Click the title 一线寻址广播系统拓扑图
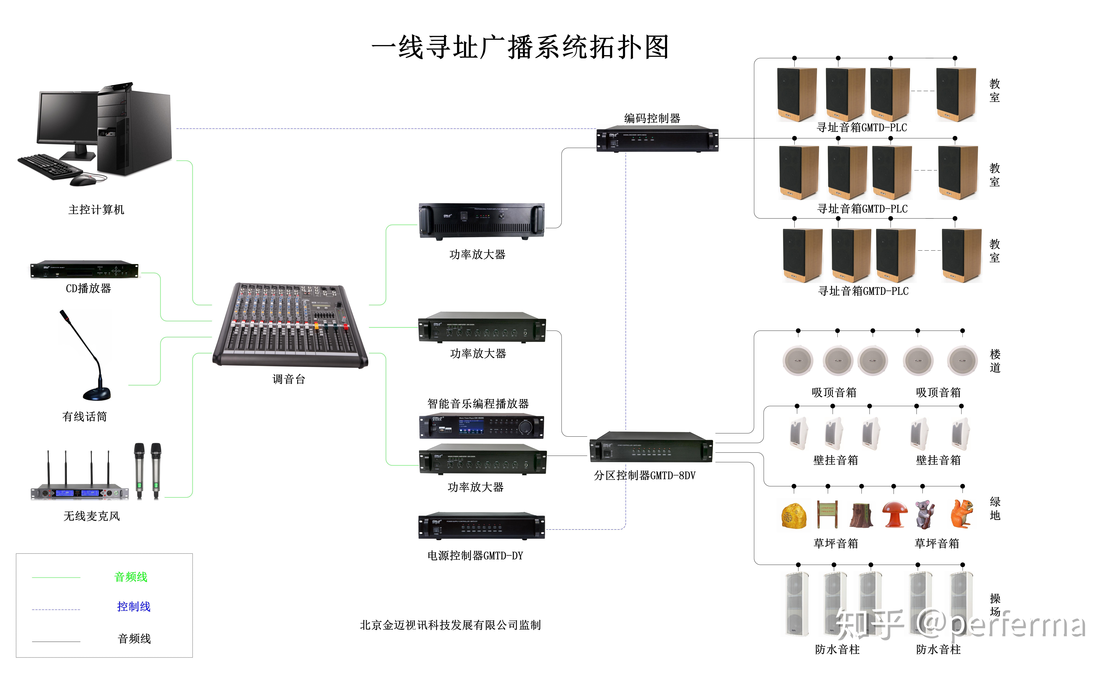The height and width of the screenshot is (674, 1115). tap(520, 47)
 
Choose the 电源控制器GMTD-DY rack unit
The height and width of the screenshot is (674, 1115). tap(482, 527)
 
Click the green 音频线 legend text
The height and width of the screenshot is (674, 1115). tap(131, 577)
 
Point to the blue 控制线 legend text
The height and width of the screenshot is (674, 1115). tap(133, 607)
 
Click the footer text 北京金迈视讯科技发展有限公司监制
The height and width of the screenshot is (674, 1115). tap(450, 625)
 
